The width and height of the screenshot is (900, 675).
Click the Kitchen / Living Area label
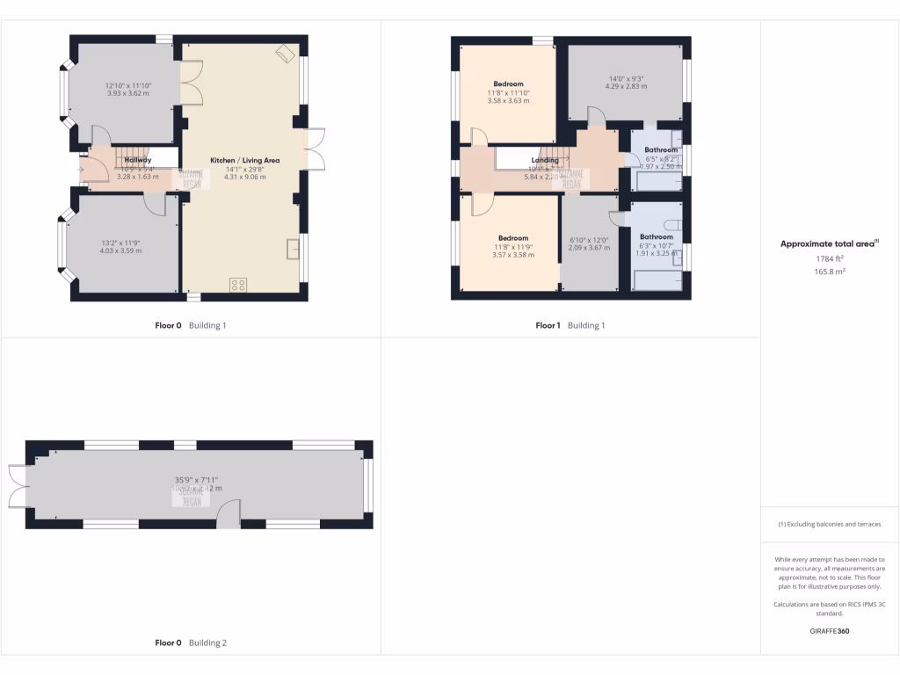244,160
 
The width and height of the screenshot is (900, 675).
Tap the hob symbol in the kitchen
238,284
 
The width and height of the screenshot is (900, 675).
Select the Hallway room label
138,160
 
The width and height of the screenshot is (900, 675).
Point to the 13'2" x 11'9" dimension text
120,243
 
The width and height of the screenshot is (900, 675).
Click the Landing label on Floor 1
545,160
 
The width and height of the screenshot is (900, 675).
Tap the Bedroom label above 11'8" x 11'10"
508,84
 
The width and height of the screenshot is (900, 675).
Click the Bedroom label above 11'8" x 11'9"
513,238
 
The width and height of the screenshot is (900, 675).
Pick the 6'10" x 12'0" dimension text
589,241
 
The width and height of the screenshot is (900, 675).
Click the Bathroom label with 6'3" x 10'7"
656,237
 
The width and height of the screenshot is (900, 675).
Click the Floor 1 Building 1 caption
570,325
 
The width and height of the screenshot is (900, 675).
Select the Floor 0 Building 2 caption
191,642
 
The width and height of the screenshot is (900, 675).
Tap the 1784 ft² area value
830,259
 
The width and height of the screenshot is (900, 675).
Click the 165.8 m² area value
830,272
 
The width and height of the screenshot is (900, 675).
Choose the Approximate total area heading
830,244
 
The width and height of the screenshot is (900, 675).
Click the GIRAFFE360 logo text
830,631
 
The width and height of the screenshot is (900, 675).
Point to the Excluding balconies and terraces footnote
830,524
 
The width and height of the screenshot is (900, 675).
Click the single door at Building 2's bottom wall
228,517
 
